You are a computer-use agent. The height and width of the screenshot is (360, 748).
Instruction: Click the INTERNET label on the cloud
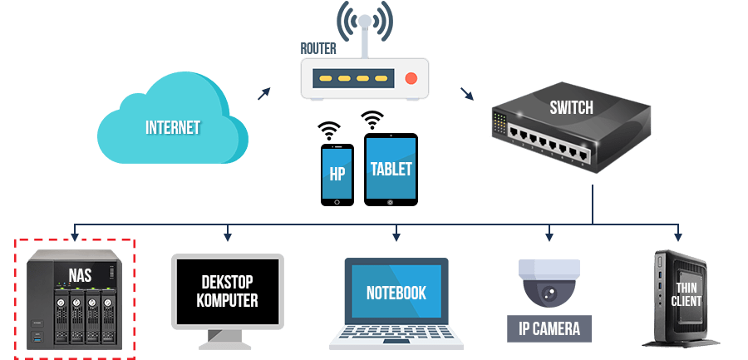pos(173,128)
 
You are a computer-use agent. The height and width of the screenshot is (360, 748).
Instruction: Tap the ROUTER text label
pos(318,48)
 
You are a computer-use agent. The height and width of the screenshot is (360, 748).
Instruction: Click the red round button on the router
pos(411,78)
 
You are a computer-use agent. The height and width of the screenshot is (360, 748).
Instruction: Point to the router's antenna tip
pos(365,21)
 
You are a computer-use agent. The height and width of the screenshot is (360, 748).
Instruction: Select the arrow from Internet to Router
pos(263,94)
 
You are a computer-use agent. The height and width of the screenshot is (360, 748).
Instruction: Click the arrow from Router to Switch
pos(467,94)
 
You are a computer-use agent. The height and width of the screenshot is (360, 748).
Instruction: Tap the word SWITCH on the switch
pos(572,108)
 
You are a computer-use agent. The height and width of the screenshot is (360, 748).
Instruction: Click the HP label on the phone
pos(337,175)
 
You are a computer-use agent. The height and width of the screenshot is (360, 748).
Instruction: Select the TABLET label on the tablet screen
pos(391,169)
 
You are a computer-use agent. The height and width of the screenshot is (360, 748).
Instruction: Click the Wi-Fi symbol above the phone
pos(329,131)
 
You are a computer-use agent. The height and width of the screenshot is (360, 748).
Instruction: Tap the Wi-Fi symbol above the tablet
pos(372,121)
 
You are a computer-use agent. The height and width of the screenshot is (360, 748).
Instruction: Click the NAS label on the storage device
pos(80,275)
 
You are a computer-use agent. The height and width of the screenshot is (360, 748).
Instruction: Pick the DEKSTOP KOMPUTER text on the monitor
pos(227,291)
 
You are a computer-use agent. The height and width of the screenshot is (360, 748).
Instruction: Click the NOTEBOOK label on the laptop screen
pos(396,293)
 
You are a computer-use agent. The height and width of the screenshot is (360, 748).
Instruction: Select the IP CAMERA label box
pos(549,328)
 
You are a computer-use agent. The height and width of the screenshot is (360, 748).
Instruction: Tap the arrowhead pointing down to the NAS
pos(74,236)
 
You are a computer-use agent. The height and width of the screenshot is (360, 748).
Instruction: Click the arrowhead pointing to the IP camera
pos(549,236)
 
